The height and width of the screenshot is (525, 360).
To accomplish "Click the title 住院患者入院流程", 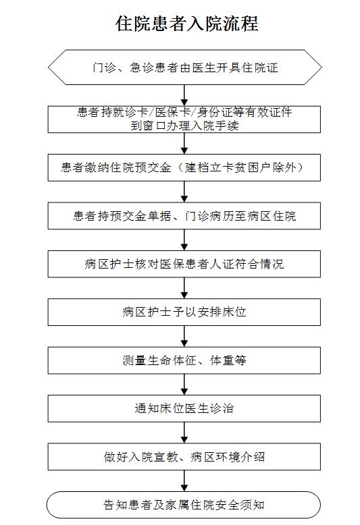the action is pyautogui.click(x=186, y=24).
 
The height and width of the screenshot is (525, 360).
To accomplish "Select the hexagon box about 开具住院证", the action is pyautogui.click(x=184, y=67).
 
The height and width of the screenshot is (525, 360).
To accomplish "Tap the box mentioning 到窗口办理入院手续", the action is pyautogui.click(x=184, y=119).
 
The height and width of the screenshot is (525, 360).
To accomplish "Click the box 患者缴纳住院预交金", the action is pyautogui.click(x=184, y=167).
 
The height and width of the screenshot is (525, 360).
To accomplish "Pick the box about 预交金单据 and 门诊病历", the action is pyautogui.click(x=184, y=216).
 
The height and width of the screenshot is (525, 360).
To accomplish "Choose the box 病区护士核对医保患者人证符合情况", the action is pyautogui.click(x=184, y=264).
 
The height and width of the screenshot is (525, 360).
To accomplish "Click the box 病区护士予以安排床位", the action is pyautogui.click(x=184, y=312).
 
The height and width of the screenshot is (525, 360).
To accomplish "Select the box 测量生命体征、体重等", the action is pyautogui.click(x=184, y=360).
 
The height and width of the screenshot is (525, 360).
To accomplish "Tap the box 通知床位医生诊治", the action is pyautogui.click(x=184, y=408).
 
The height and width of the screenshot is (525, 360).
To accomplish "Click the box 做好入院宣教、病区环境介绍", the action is pyautogui.click(x=184, y=457).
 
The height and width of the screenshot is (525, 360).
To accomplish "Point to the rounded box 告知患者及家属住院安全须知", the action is pyautogui.click(x=184, y=505).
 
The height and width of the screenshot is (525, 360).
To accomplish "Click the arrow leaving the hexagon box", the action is pyautogui.click(x=184, y=95).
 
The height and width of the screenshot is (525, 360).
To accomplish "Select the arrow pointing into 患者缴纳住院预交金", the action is pyautogui.click(x=184, y=144).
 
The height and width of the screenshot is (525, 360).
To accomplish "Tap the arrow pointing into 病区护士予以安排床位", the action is pyautogui.click(x=184, y=288).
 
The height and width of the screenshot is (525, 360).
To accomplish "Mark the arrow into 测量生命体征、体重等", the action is pyautogui.click(x=184, y=337).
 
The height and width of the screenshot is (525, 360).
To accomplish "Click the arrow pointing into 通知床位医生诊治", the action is pyautogui.click(x=184, y=385).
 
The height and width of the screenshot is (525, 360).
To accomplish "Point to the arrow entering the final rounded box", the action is pyautogui.click(x=184, y=481).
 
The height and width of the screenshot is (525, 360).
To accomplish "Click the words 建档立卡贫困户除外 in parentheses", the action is pyautogui.click(x=241, y=167).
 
